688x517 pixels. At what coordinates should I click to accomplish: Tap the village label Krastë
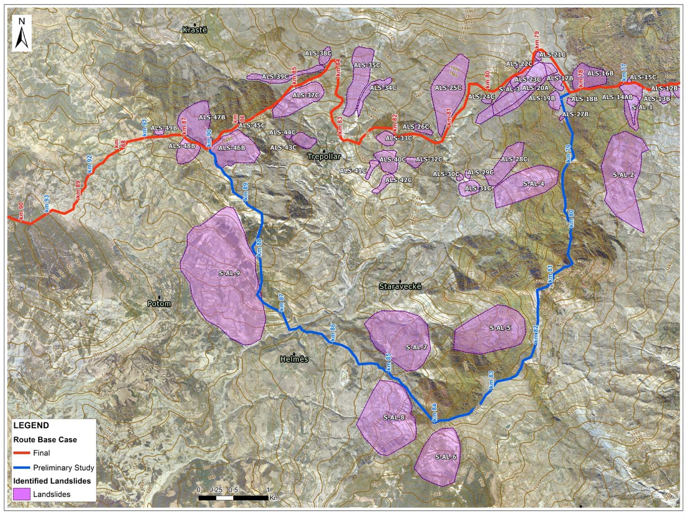click(195, 30)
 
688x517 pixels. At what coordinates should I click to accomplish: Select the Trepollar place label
click(324, 156)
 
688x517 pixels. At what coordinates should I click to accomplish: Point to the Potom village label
click(159, 304)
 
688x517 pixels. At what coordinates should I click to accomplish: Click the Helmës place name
click(294, 359)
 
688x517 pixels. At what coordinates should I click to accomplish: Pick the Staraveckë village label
click(400, 286)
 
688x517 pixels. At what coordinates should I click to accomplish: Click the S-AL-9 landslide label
click(229, 273)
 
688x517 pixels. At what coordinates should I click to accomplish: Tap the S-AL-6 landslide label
click(446, 457)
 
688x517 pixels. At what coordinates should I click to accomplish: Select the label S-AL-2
click(623, 175)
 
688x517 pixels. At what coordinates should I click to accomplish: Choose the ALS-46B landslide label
click(232, 148)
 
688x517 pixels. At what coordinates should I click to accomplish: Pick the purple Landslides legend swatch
click(21, 494)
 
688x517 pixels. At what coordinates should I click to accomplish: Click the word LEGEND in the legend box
click(31, 425)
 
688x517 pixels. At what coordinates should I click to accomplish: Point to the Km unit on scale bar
click(275, 498)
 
